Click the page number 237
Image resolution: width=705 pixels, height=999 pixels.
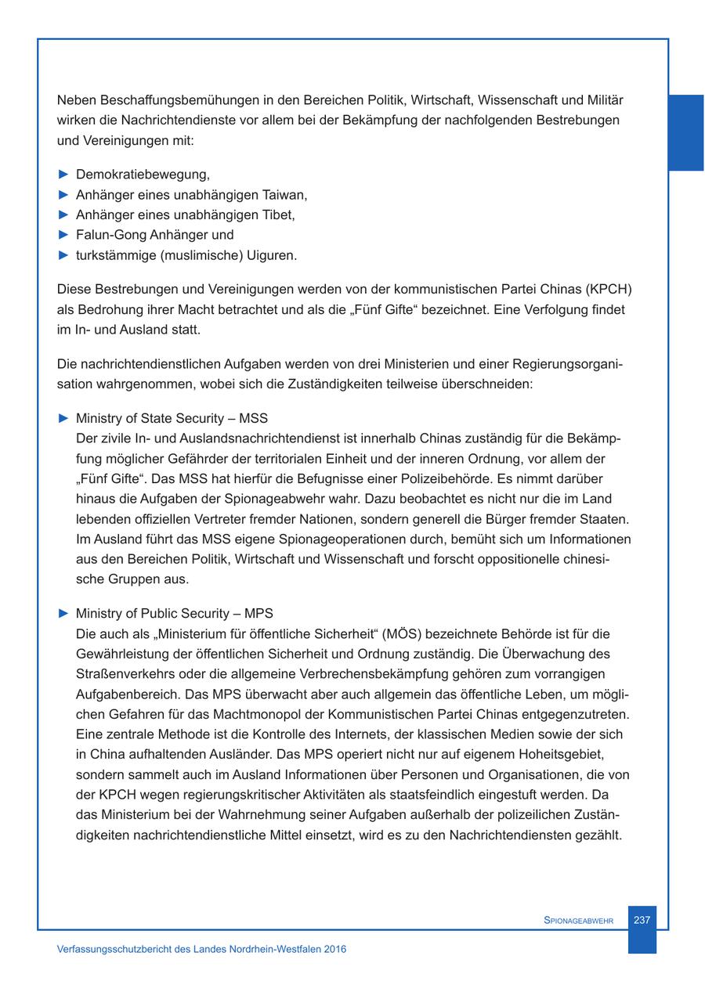(642, 920)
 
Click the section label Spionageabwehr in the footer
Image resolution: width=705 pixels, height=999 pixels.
(578, 921)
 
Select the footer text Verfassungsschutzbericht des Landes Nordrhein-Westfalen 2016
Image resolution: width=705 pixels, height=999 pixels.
(201, 949)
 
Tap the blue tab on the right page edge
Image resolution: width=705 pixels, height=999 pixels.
(685, 132)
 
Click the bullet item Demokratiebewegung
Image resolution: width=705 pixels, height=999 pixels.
(143, 174)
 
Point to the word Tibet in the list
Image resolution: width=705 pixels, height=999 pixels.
(278, 215)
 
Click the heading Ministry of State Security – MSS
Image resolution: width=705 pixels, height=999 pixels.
(172, 418)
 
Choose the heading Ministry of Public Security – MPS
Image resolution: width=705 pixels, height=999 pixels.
(174, 613)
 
